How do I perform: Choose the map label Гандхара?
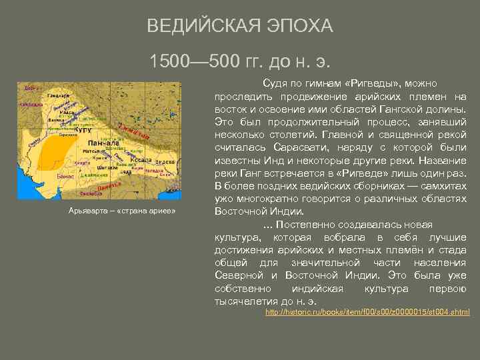click(x=59, y=95)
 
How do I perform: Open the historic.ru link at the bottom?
click(x=367, y=312)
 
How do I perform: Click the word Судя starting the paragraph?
click(x=275, y=83)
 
